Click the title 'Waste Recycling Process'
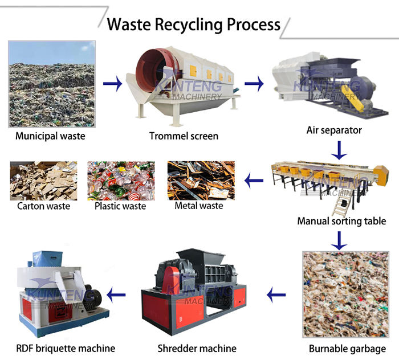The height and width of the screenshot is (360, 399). (x=194, y=24)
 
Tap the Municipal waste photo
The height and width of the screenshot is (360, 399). (x=51, y=84)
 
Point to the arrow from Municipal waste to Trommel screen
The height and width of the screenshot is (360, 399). (x=113, y=85)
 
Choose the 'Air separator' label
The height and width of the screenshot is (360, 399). (x=334, y=130)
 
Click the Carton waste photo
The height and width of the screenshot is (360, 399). (x=43, y=181)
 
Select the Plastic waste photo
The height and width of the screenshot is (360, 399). (x=121, y=181)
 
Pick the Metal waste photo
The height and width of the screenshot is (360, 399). (x=201, y=181)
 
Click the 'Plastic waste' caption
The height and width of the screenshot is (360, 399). (x=121, y=206)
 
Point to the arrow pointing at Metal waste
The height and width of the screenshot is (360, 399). (x=254, y=182)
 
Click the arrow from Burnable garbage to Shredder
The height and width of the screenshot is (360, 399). (x=277, y=295)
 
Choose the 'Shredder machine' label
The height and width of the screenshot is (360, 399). (x=196, y=348)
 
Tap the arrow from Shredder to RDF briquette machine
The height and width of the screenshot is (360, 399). (x=118, y=295)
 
